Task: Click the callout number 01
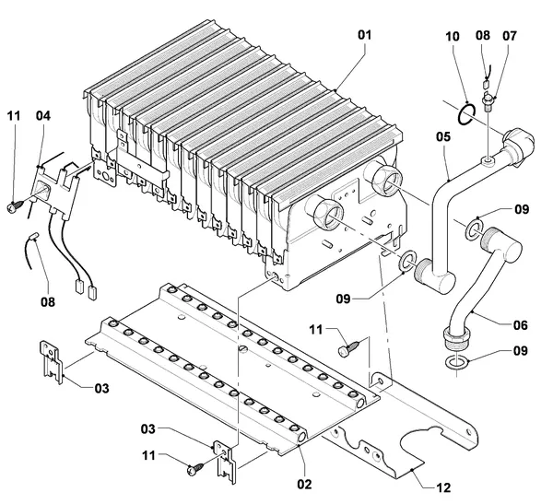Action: pyautogui.click(x=365, y=35)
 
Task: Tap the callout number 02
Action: pyautogui.click(x=304, y=485)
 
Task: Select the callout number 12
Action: pyautogui.click(x=443, y=487)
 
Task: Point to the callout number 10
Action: pyautogui.click(x=453, y=36)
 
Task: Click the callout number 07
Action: pyautogui.click(x=510, y=36)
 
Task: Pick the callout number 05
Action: pyautogui.click(x=443, y=136)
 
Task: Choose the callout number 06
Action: pyautogui.click(x=520, y=325)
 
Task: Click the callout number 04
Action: pyautogui.click(x=43, y=115)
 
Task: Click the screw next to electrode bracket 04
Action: pyautogui.click(x=15, y=206)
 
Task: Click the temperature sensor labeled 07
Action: pyautogui.click(x=488, y=103)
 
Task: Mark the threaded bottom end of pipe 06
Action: pyautogui.click(x=456, y=337)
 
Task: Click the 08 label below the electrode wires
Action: pyautogui.click(x=48, y=302)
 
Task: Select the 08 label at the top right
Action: pyautogui.click(x=482, y=35)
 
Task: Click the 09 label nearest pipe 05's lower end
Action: pyautogui.click(x=343, y=299)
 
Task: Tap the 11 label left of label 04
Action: pyautogui.click(x=14, y=116)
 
